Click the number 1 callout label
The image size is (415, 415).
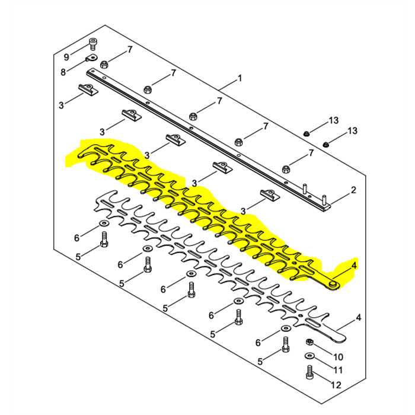point(240,78)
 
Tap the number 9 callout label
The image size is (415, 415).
point(67,57)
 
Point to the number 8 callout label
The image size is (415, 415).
point(64,72)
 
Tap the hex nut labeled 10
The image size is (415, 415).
point(309,343)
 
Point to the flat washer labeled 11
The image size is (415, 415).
point(309,356)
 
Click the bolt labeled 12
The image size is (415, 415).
point(309,373)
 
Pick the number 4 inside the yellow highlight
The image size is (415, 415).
point(354,266)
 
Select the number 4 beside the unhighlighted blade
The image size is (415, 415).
point(358,318)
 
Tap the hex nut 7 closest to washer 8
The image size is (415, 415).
point(104,64)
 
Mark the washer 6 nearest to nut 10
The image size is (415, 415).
point(285,328)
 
